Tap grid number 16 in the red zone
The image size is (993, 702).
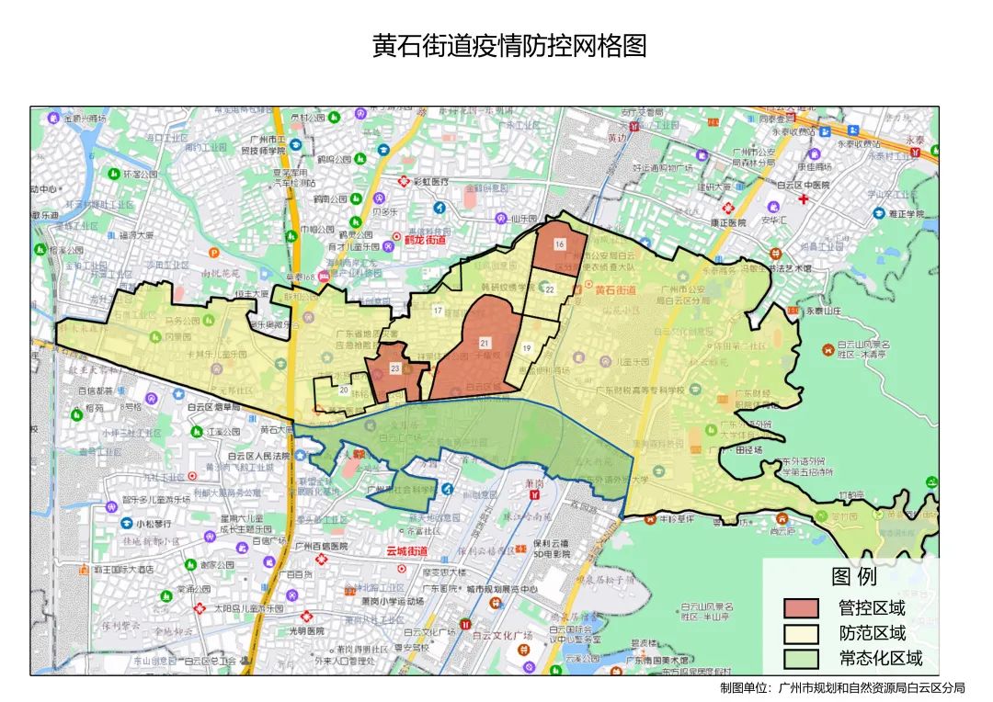click(x=559, y=244)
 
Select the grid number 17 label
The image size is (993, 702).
click(x=438, y=310)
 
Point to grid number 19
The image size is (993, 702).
click(x=527, y=348)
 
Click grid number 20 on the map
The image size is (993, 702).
click(x=343, y=390)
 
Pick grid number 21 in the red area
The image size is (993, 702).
click(x=485, y=343)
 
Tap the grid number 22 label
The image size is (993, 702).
click(x=549, y=289)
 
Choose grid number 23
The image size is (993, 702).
click(x=394, y=368)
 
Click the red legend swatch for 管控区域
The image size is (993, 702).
click(x=800, y=608)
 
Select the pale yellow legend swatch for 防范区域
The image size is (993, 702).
click(x=800, y=634)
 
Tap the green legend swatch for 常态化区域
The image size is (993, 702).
click(x=800, y=659)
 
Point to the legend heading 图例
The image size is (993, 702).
click(x=854, y=577)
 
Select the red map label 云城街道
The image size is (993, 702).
click(x=406, y=551)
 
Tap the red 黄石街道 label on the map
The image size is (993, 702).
click(x=615, y=290)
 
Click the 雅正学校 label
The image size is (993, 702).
click(x=906, y=214)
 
